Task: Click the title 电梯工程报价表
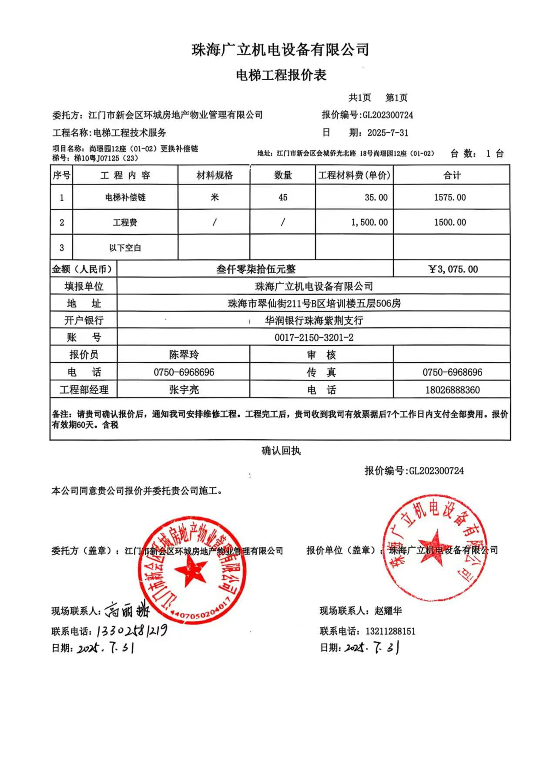click(281, 75)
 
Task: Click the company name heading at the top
click(281, 50)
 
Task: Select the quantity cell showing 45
click(283, 197)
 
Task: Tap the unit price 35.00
click(376, 197)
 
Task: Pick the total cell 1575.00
click(450, 197)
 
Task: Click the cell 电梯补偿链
click(125, 197)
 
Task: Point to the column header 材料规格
click(215, 175)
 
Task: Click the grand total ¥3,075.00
click(453, 269)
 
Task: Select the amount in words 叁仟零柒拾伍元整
click(256, 269)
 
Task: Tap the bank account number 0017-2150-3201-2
click(314, 337)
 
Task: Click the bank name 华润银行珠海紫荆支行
click(314, 320)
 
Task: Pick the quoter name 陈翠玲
click(184, 354)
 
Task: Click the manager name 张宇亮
click(184, 389)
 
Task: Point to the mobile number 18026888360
click(453, 389)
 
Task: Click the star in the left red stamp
click(190, 571)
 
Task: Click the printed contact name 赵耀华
click(388, 611)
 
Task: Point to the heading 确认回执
click(281, 451)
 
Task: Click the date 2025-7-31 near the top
click(388, 132)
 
